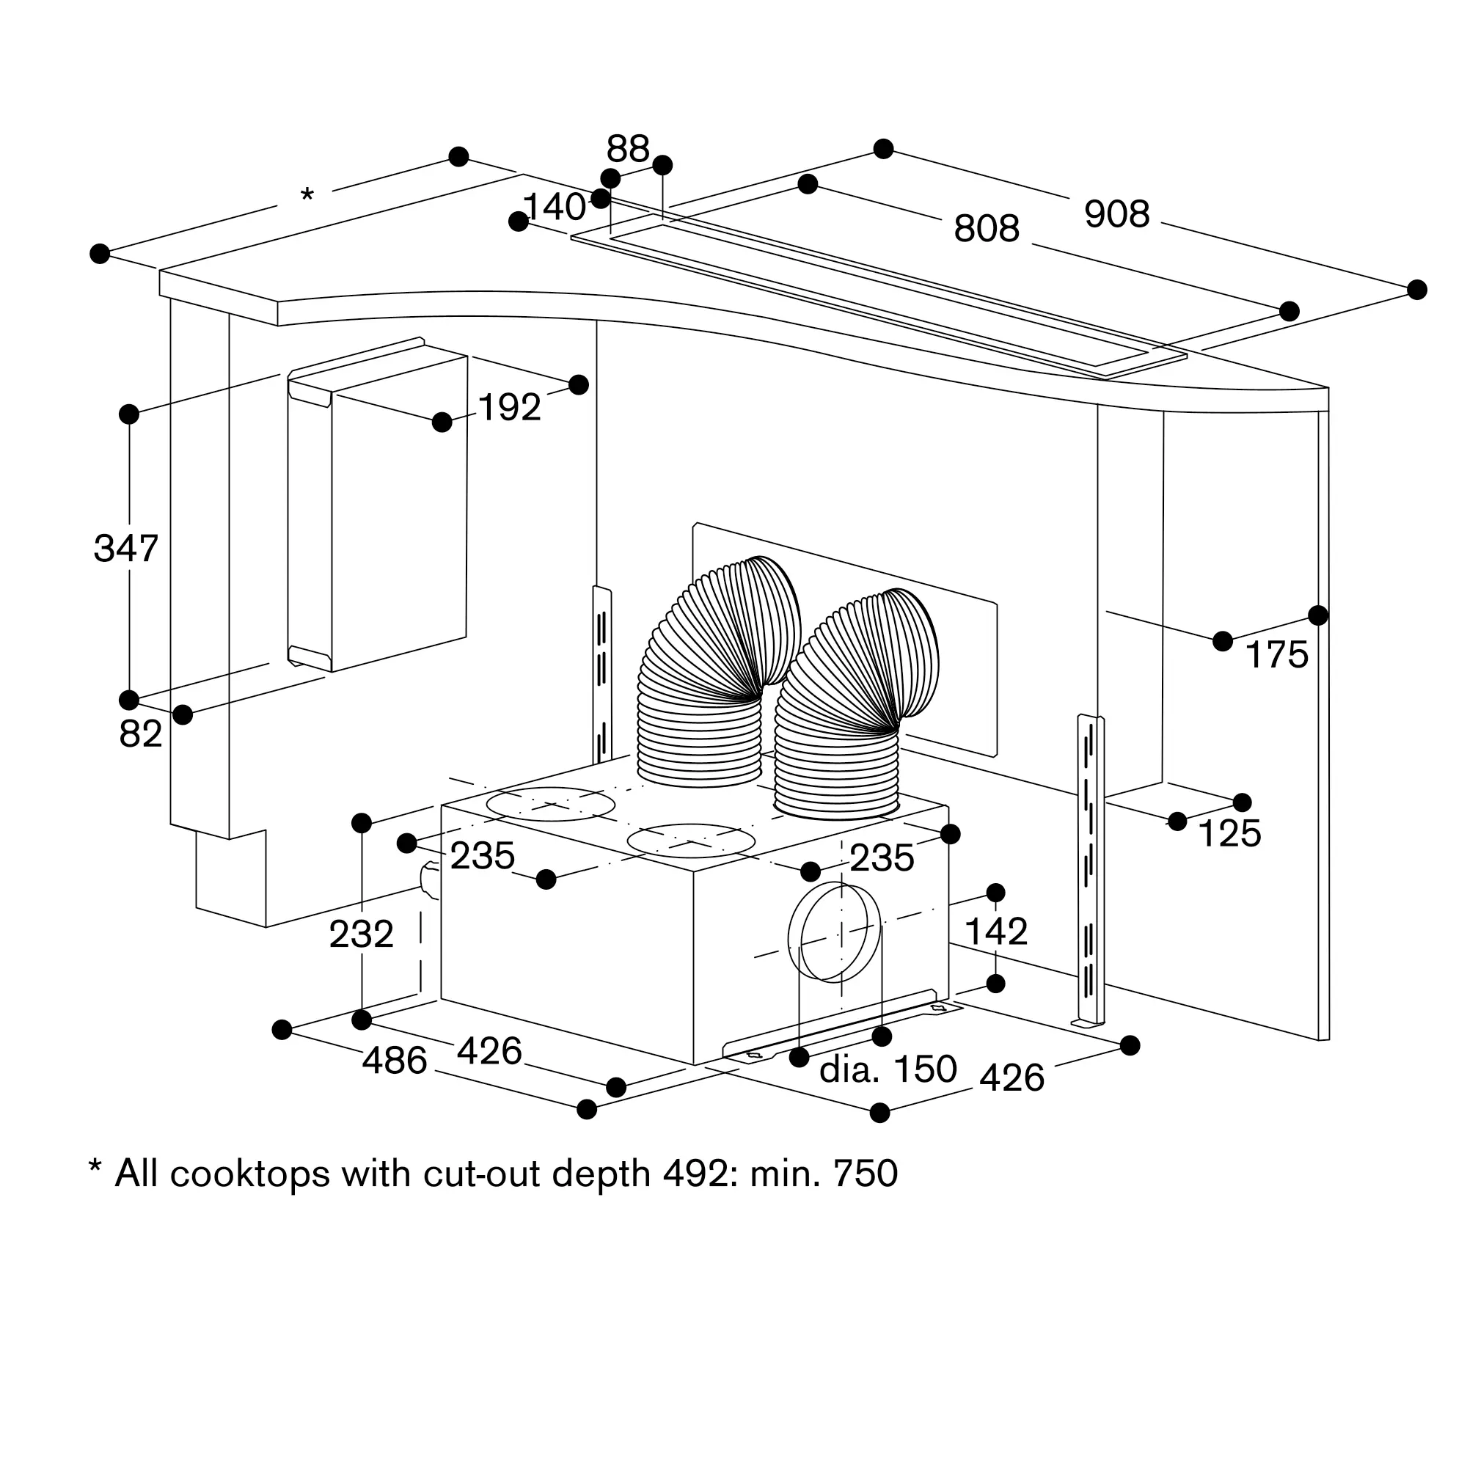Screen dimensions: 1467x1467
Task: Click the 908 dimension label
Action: point(1116,214)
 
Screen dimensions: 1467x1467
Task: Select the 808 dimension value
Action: point(986,228)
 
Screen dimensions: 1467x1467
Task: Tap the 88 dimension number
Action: point(627,149)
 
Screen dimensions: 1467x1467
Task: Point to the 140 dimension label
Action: point(555,208)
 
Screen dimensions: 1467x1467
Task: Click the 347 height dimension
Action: point(125,548)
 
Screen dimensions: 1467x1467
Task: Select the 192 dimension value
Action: point(510,408)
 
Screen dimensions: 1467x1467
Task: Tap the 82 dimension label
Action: point(141,734)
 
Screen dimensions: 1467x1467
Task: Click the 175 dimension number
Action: point(1276,654)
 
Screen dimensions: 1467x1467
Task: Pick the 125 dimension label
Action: point(1229,834)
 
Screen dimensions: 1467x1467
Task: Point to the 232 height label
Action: point(361,934)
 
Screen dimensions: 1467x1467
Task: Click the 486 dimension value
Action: point(394,1061)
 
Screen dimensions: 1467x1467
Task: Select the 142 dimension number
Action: point(995,931)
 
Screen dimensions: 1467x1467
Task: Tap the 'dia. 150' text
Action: point(888,1069)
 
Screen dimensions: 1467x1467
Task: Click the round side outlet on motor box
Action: point(834,932)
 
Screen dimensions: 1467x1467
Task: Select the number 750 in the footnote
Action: point(866,1173)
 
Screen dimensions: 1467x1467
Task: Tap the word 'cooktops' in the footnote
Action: point(249,1174)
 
